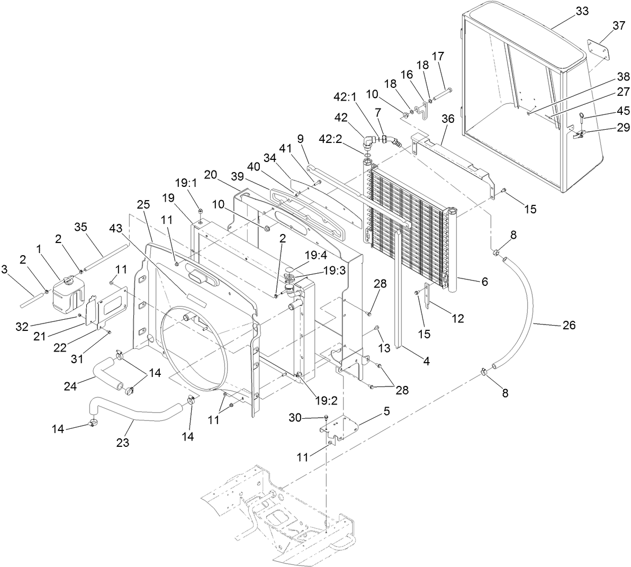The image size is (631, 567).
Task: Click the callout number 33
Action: (582, 13)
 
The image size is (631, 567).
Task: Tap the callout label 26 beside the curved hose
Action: (569, 325)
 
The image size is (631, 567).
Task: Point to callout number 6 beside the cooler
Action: (484, 282)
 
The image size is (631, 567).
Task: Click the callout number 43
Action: (115, 227)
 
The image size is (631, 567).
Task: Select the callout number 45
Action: (623, 111)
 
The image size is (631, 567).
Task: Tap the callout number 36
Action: (448, 120)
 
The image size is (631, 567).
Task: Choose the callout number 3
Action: (5, 270)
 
